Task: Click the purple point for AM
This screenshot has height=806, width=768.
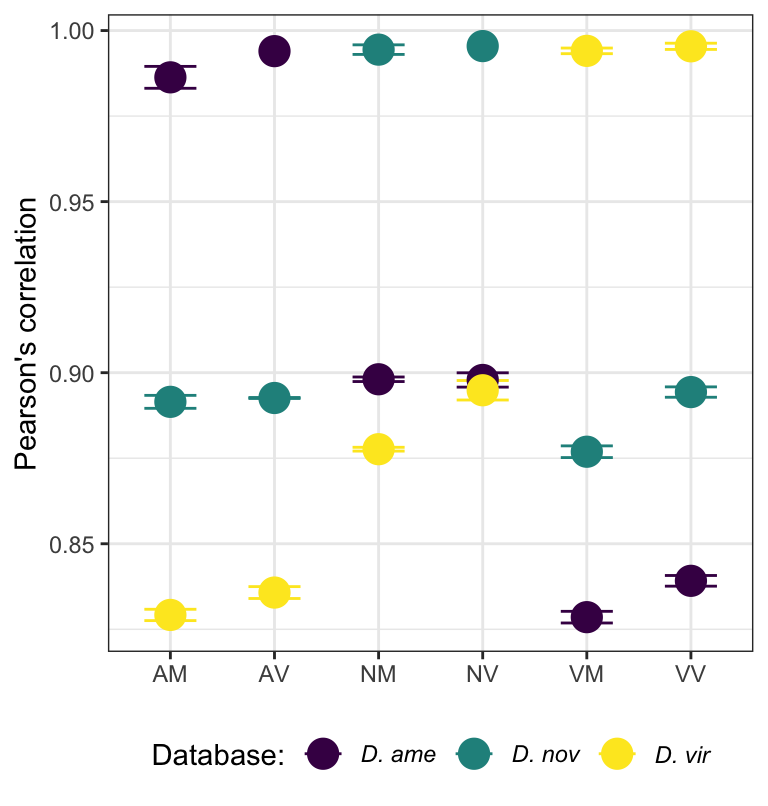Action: [170, 77]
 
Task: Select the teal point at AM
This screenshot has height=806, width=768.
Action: [170, 402]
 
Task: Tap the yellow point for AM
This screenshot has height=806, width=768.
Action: [170, 614]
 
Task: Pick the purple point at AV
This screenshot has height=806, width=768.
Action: [274, 51]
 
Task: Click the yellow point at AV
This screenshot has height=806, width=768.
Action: [274, 592]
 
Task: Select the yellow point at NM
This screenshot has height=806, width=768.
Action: [378, 449]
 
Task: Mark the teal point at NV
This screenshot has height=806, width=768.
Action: [482, 45]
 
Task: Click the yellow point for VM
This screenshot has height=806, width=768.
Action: [586, 50]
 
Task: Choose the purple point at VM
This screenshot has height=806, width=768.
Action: [586, 616]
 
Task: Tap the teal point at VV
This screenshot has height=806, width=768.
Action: [690, 391]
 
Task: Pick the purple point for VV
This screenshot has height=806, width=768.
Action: [690, 580]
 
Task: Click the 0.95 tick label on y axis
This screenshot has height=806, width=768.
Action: [73, 202]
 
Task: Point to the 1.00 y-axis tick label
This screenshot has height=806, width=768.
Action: [73, 31]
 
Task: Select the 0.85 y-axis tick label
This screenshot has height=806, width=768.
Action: [73, 544]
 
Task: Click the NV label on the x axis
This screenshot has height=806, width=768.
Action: [482, 675]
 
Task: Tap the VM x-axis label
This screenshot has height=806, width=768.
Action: [586, 675]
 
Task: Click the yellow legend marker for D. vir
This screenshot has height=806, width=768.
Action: [617, 755]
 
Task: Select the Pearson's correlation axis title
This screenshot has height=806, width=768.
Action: [27, 334]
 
